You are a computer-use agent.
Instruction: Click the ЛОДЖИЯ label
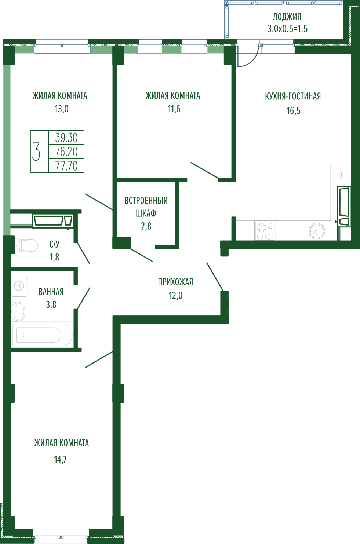pos(287,17)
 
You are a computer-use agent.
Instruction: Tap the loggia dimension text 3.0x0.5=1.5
pos(287,29)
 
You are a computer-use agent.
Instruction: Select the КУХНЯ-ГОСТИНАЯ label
pos(293,96)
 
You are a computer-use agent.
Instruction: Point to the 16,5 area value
pos(294,110)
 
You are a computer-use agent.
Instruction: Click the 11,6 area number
pos(174,109)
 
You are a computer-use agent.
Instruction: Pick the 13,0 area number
pos(61,109)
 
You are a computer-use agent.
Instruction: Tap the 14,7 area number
pos(60,460)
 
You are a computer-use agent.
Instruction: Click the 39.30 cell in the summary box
pos(66,138)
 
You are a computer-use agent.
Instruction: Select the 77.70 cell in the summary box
pos(66,166)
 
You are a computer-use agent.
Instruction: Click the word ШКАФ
pos(146,213)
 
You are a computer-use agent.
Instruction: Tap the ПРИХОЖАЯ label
pos(175,282)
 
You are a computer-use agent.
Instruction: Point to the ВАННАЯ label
pos(51,292)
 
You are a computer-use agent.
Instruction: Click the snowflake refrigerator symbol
pos(341,175)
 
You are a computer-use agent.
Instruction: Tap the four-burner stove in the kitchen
pos(265,231)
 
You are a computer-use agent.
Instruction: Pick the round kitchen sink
pos(317,230)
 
